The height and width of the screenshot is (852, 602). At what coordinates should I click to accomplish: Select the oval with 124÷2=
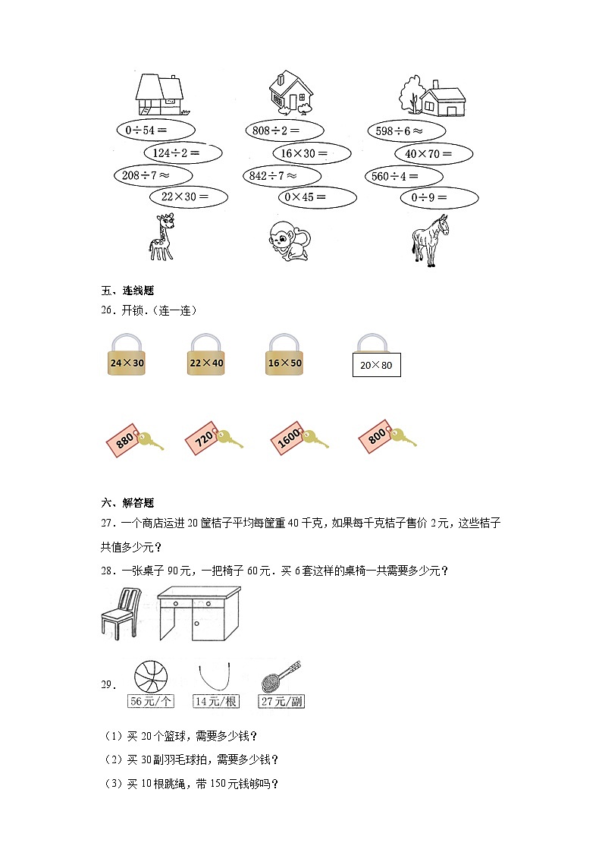[183, 153]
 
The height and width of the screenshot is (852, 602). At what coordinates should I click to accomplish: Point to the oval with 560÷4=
[403, 177]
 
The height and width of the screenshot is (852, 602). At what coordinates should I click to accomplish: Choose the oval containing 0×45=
[317, 198]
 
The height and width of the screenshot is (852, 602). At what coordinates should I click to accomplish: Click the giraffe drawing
[162, 237]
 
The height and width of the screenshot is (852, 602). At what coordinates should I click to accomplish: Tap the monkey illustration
[288, 241]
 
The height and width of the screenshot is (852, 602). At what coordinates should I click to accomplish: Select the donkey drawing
[429, 239]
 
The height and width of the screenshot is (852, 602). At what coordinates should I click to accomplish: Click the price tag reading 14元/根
[216, 702]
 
